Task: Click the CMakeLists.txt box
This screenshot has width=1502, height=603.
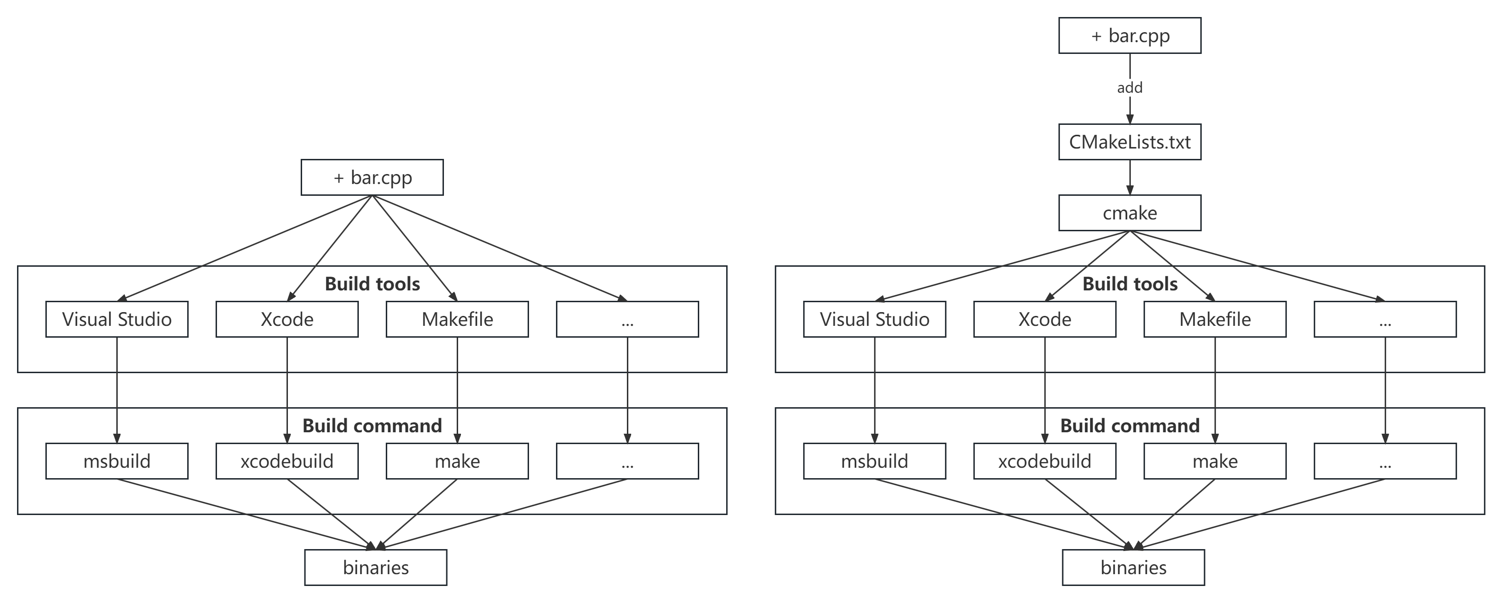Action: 1129,142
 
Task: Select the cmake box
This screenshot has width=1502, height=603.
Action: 1129,213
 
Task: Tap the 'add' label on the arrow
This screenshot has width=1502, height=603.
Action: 1129,87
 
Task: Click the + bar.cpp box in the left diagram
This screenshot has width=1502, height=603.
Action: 372,177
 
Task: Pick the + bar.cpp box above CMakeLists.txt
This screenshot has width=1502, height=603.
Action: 1129,35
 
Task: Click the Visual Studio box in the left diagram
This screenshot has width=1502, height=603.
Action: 117,319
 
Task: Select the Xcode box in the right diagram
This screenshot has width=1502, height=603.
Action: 1044,319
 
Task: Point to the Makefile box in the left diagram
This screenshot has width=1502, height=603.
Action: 457,319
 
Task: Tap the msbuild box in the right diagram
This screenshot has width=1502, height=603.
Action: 874,461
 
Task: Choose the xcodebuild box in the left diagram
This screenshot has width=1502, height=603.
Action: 287,461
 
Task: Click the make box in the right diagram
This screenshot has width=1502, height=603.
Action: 1215,461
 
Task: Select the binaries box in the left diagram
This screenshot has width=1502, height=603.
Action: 375,568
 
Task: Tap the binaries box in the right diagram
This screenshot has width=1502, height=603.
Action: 1133,568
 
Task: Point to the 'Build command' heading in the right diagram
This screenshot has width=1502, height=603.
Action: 1129,426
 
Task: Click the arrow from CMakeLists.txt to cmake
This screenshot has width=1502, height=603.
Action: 1129,177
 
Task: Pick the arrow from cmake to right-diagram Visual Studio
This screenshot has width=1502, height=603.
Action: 1003,266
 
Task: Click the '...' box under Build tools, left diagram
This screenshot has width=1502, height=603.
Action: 627,319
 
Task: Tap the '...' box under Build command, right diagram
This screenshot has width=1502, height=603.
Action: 1385,461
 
